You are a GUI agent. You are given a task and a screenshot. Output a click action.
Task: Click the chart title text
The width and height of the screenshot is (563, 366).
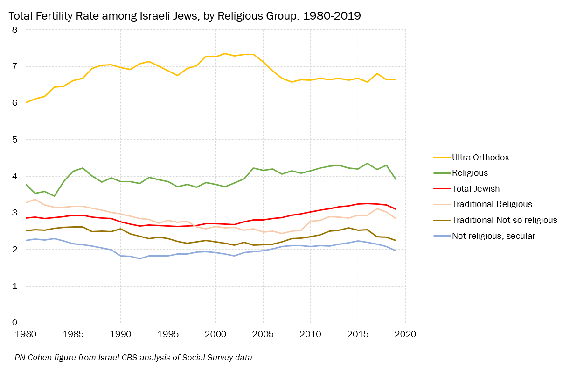click(185, 16)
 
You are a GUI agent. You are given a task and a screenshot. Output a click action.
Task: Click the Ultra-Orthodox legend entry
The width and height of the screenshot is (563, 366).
click(480, 157)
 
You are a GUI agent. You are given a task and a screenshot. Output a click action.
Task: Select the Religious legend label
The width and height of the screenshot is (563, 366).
click(470, 173)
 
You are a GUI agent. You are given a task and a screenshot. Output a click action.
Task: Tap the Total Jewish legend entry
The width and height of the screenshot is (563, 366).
click(476, 189)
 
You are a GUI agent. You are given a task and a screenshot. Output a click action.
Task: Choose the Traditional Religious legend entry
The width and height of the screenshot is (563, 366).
click(492, 204)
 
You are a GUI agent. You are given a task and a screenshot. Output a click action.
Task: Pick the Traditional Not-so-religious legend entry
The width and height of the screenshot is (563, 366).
click(504, 220)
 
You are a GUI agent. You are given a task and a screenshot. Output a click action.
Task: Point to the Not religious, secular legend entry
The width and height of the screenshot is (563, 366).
click(493, 236)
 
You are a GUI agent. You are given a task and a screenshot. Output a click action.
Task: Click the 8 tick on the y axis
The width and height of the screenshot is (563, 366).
click(14, 30)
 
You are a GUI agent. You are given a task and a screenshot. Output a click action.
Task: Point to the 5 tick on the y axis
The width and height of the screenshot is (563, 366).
click(14, 140)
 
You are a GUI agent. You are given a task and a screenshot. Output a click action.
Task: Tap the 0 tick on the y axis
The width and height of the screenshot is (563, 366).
click(14, 323)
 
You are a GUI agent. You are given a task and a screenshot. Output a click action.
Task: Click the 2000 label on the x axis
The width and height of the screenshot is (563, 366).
click(215, 335)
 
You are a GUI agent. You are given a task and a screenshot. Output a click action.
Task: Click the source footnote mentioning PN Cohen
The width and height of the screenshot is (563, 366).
click(134, 358)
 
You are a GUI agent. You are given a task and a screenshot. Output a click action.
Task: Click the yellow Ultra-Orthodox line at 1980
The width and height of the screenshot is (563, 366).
click(26, 102)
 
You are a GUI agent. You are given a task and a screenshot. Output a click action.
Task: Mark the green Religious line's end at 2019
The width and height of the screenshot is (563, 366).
click(396, 179)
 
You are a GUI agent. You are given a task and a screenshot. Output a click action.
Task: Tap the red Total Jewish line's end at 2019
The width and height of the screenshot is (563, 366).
click(396, 209)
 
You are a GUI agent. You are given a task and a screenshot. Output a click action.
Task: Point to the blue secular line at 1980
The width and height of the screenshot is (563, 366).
click(26, 240)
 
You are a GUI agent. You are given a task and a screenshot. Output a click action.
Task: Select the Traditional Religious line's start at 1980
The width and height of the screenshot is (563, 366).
click(26, 202)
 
